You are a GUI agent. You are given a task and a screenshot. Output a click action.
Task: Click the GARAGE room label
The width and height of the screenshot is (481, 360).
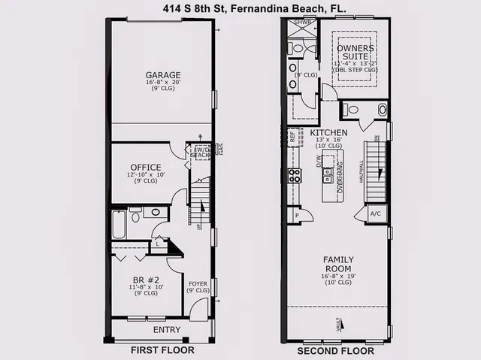[162, 75]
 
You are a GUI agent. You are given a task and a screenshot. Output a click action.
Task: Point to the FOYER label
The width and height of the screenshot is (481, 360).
[198, 283]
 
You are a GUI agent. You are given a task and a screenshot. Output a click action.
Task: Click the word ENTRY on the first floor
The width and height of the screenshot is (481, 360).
[166, 329]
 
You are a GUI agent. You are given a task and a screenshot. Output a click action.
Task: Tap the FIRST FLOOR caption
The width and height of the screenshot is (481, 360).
[162, 350]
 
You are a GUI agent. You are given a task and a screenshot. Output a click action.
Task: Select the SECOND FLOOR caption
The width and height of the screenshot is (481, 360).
[335, 350]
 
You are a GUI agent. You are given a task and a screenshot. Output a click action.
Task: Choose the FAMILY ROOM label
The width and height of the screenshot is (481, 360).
[338, 264]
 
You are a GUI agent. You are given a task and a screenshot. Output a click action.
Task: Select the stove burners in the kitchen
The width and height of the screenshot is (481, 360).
[295, 176]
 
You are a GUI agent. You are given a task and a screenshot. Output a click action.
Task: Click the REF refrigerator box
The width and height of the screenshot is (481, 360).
[293, 138]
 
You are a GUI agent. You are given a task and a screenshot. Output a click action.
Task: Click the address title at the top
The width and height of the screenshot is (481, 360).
[240, 8]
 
